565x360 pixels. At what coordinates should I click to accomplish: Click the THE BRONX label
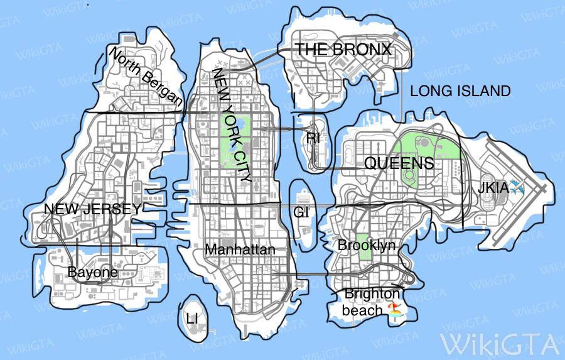tap(343, 50)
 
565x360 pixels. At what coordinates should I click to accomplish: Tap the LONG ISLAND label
tap(460, 91)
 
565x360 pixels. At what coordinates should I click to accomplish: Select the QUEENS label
tap(399, 164)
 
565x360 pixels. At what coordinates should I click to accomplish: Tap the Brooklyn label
tap(367, 245)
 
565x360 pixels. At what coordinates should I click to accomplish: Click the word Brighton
tap(372, 293)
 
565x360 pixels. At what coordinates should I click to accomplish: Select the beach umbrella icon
tap(394, 309)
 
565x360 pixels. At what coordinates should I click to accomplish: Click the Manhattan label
tap(240, 249)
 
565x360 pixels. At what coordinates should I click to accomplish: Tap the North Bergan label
tap(146, 77)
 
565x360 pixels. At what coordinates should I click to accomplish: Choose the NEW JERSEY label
tap(92, 209)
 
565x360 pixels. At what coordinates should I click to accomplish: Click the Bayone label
tap(92, 273)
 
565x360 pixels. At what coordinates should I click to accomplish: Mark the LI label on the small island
tap(192, 319)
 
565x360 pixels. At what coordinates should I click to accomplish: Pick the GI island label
tap(301, 212)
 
